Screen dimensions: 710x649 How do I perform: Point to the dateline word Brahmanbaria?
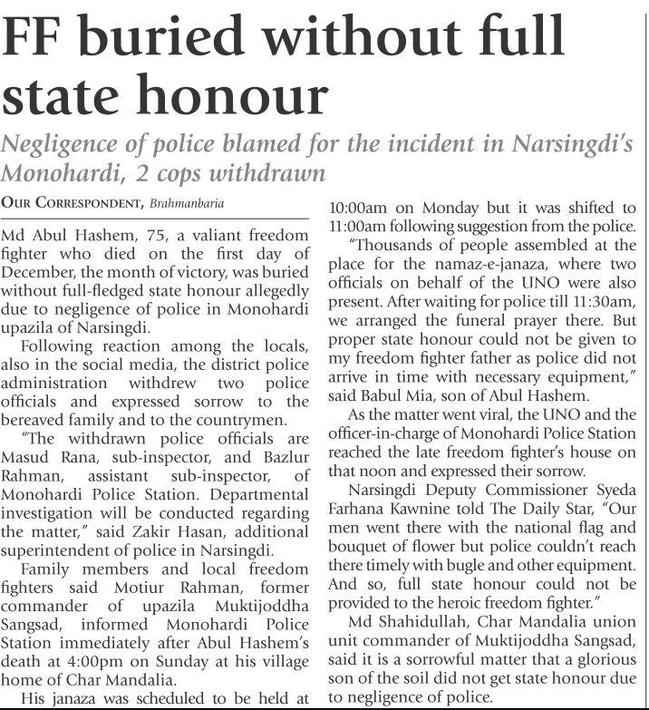(187, 200)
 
